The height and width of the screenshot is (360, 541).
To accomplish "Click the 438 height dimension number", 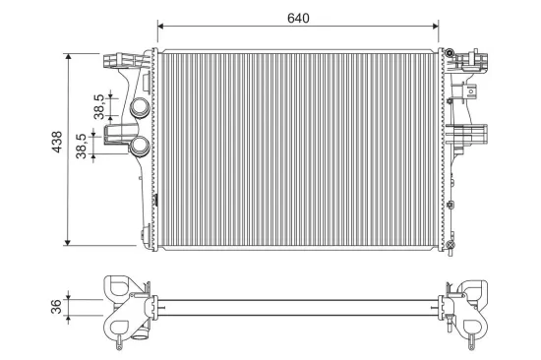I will tap(57, 147).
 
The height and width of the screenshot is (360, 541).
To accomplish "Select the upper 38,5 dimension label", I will tap(100, 105).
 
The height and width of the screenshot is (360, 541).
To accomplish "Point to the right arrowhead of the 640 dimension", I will tap(440, 27).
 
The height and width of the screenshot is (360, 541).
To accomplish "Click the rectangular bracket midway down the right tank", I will tap(469, 133).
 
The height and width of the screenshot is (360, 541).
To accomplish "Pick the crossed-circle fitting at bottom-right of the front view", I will tap(450, 245).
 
